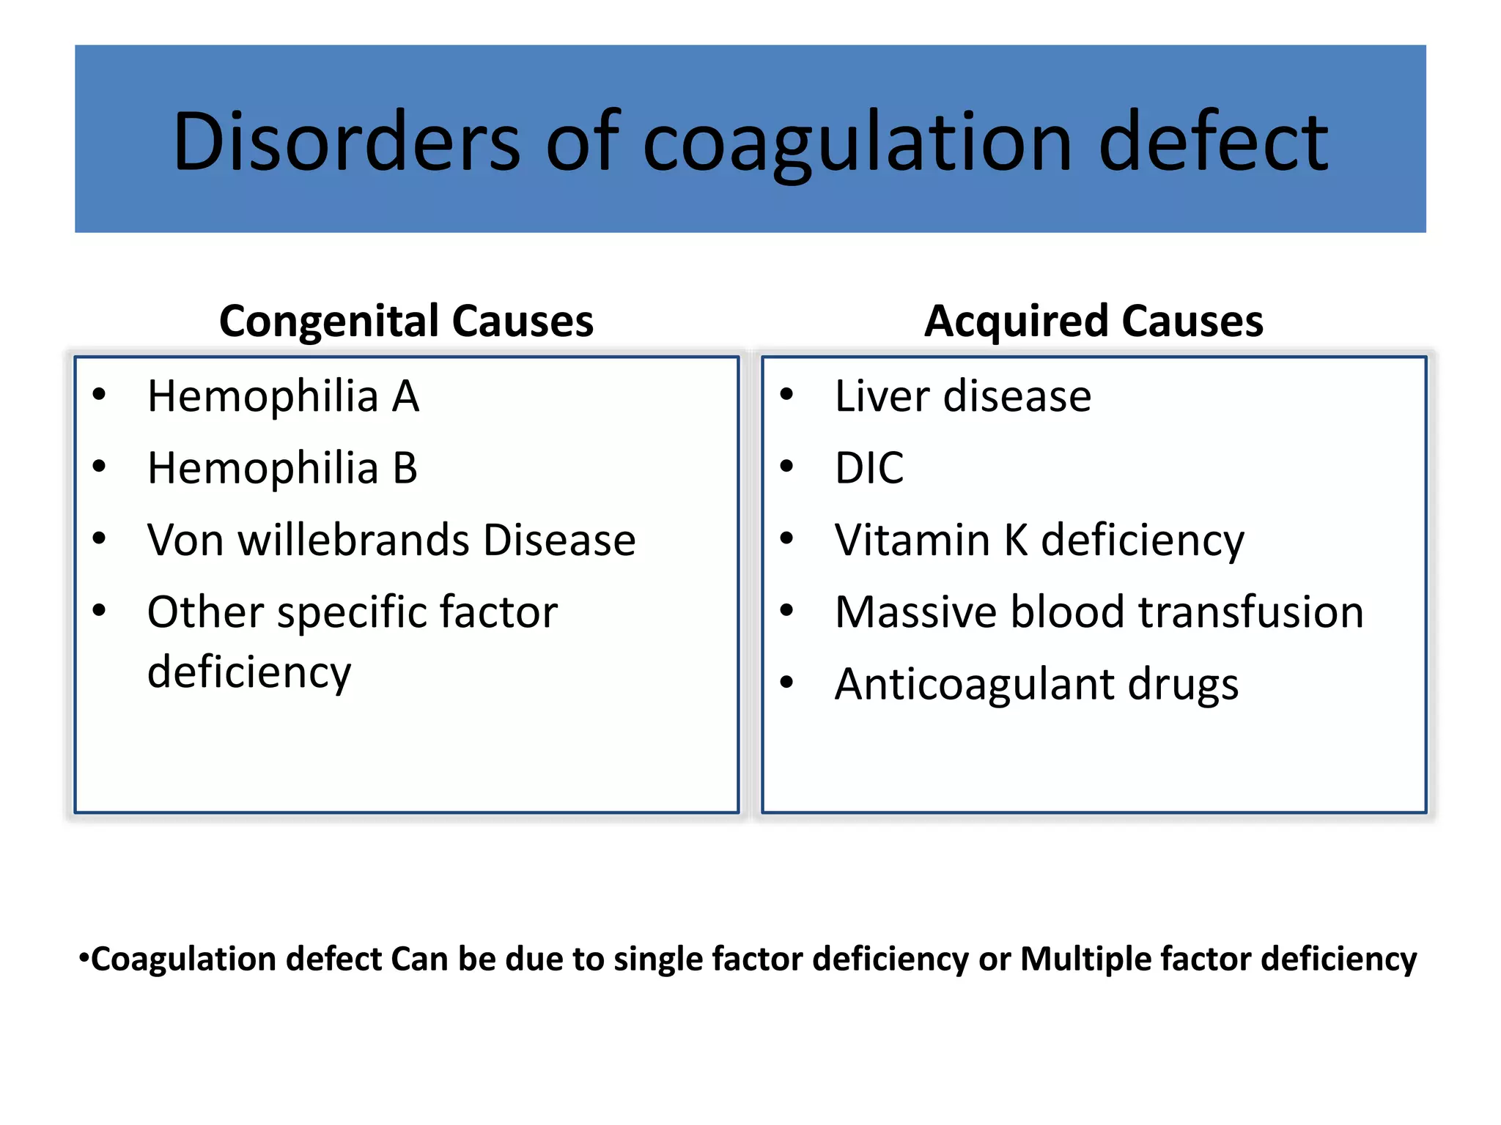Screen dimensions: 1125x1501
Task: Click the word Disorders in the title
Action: pyautogui.click(x=346, y=141)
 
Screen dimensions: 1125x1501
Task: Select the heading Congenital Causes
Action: pyautogui.click(x=406, y=321)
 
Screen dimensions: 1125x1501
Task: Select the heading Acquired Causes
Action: pyautogui.click(x=1094, y=321)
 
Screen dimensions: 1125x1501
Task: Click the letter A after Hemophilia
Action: pyautogui.click(x=405, y=396)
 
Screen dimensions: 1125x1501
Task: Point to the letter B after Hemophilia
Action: pyautogui.click(x=405, y=468)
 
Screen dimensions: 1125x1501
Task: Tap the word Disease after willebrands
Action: pyautogui.click(x=559, y=541)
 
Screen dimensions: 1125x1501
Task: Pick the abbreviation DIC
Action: pyautogui.click(x=869, y=468)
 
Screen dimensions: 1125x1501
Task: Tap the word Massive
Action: pyautogui.click(x=915, y=612)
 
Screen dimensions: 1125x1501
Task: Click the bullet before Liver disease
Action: pyautogui.click(x=786, y=395)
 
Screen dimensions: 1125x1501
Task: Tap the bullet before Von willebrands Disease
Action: pyautogui.click(x=99, y=539)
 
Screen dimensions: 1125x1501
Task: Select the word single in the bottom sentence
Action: pyautogui.click(x=657, y=959)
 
